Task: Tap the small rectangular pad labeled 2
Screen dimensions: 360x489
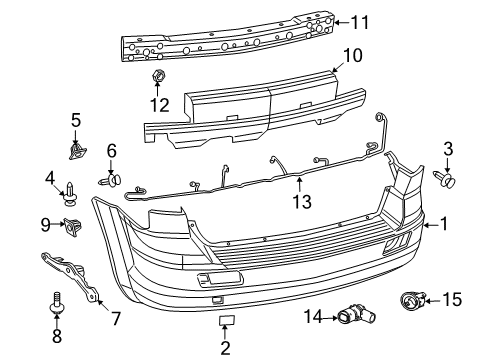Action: [226, 322]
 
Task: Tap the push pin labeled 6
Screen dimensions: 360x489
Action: [113, 181]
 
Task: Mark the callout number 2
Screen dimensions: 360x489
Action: [226, 347]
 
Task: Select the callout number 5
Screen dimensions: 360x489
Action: [74, 121]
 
